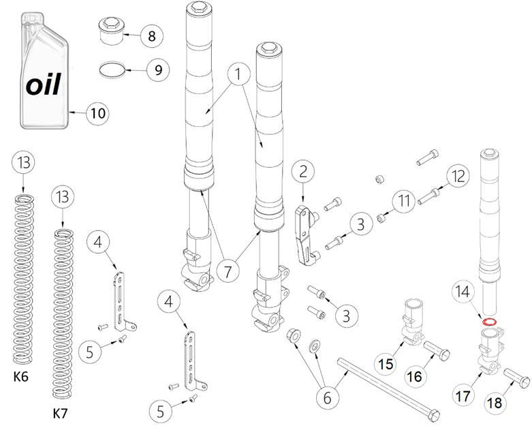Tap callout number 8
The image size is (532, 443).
coord(151,35)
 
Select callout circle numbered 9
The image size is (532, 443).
coord(158,70)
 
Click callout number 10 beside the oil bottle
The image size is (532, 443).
coord(98,112)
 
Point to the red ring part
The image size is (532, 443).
coord(488,321)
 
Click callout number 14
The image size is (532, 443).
coord(463,292)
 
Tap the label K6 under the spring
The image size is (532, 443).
coord(22,376)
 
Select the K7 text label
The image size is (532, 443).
coord(61,413)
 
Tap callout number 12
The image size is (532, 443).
coord(458,176)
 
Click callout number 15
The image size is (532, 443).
coord(386,364)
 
